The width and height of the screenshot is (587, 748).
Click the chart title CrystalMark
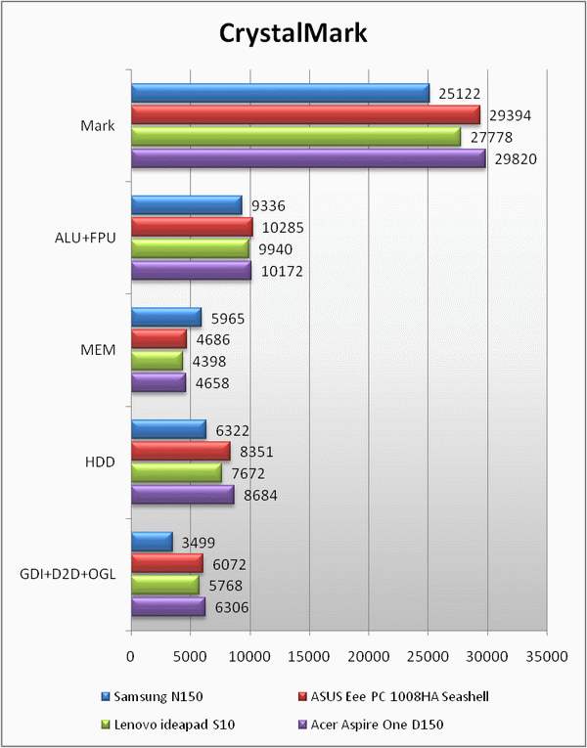click(x=293, y=34)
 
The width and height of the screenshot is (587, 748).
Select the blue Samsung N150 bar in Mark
click(x=280, y=93)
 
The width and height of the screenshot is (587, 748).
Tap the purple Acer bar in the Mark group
click(x=308, y=158)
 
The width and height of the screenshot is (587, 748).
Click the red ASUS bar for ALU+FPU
click(x=192, y=227)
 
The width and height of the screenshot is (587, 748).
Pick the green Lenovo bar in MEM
click(x=157, y=360)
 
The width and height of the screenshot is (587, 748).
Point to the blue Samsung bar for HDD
click(x=168, y=428)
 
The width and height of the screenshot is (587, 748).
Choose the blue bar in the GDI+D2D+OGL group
click(x=152, y=541)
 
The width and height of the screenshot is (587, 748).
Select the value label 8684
click(x=258, y=495)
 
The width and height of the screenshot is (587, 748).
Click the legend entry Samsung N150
click(x=151, y=696)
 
